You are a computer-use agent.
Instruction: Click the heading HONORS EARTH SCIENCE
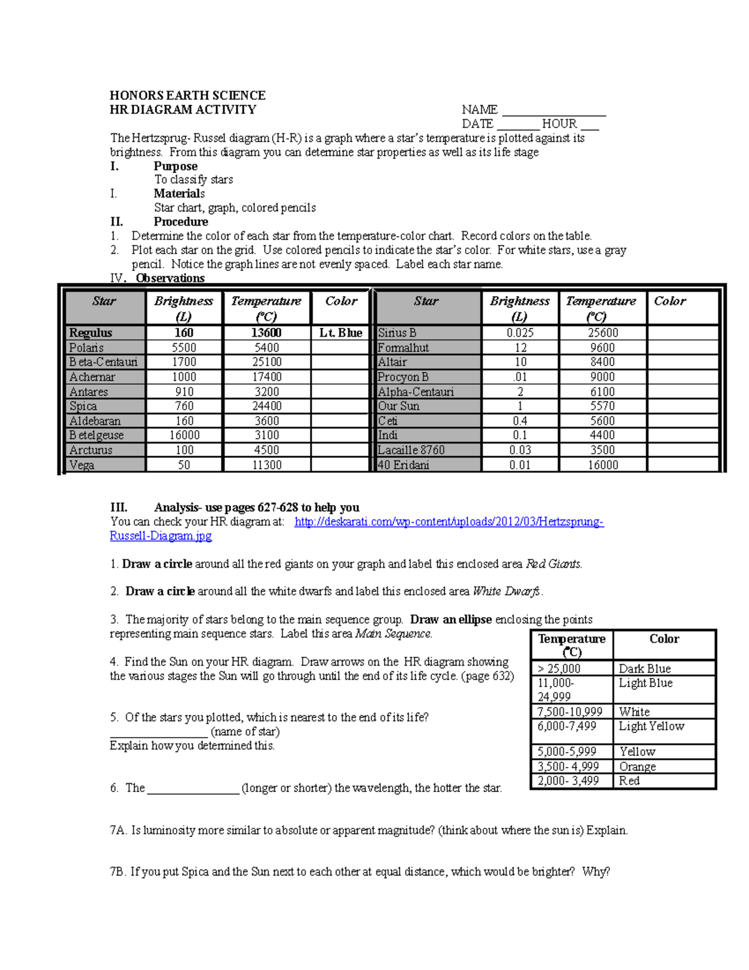point(187,96)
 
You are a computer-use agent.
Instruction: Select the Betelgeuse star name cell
point(97,435)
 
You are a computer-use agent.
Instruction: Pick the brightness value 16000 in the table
point(184,435)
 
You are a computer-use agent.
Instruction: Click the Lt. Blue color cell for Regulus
point(341,333)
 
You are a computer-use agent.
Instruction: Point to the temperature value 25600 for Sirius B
point(602,333)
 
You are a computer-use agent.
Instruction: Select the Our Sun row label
point(399,406)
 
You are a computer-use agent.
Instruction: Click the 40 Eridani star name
point(403,465)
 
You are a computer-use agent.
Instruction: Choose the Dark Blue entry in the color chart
point(645,668)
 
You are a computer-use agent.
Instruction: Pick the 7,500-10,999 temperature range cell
point(570,712)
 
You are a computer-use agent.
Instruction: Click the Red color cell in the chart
point(629,781)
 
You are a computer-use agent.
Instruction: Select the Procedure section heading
point(181,222)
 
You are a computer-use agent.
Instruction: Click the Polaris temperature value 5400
point(267,348)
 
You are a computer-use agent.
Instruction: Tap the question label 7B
point(118,872)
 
